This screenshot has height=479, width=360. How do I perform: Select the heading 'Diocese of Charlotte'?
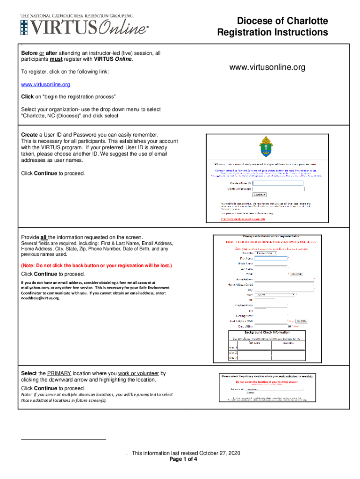tap(282, 21)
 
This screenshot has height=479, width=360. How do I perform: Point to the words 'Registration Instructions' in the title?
tap(272, 32)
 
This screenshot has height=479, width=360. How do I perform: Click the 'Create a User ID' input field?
tap(278, 183)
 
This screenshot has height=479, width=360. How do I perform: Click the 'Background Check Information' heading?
tap(265, 332)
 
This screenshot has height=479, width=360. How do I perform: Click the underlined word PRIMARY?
tap(59, 373)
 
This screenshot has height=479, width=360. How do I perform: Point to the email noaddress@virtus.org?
tap(41, 298)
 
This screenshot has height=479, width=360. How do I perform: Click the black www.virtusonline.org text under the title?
tap(267, 68)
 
